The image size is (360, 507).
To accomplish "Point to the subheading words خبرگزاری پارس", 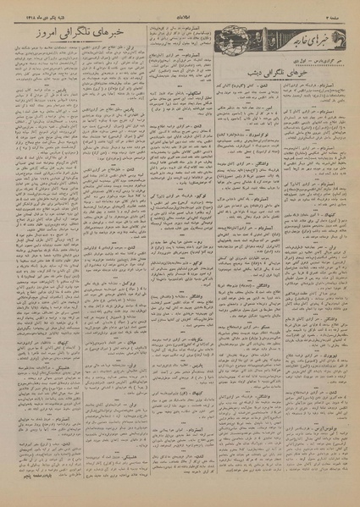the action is pyautogui.click(x=292, y=62).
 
